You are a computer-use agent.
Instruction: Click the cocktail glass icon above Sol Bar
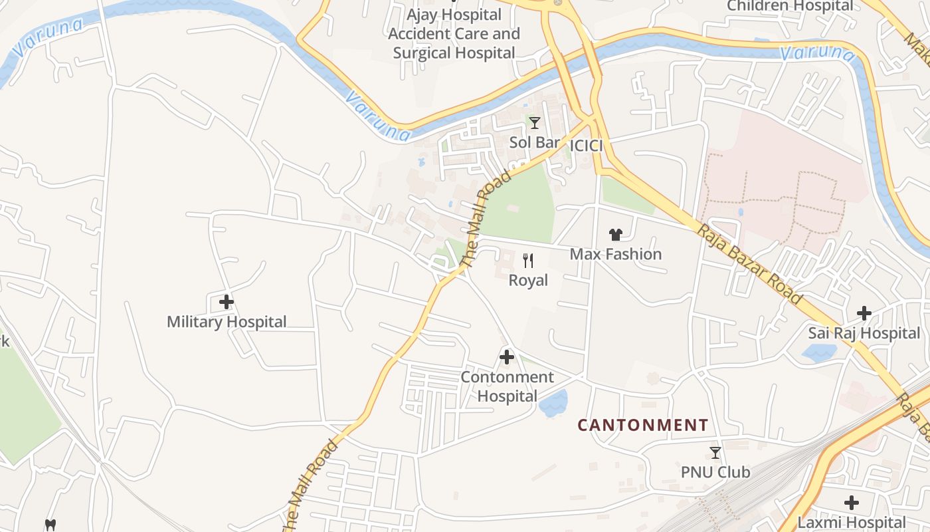pyautogui.click(x=534, y=123)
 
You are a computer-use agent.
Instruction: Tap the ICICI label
pyautogui.click(x=585, y=145)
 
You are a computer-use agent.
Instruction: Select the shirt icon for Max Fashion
pyautogui.click(x=616, y=234)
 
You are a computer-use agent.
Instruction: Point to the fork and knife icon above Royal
pyautogui.click(x=528, y=260)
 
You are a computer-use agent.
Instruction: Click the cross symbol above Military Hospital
pyautogui.click(x=227, y=302)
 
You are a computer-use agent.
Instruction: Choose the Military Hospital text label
pyautogui.click(x=227, y=322)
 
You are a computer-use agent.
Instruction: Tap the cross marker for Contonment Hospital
pyautogui.click(x=507, y=357)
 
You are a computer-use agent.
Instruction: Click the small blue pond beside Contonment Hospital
pyautogui.click(x=553, y=403)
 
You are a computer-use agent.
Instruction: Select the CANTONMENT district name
pyautogui.click(x=642, y=425)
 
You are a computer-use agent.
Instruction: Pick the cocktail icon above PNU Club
pyautogui.click(x=715, y=453)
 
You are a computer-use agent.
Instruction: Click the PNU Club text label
pyautogui.click(x=715, y=472)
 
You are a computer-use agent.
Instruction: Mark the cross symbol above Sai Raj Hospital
pyautogui.click(x=864, y=313)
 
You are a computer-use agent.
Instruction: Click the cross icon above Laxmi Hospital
pyautogui.click(x=851, y=503)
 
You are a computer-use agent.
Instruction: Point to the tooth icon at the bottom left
pyautogui.click(x=50, y=525)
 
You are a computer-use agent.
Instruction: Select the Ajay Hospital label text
pyautogui.click(x=454, y=15)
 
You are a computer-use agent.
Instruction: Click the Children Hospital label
pyautogui.click(x=790, y=6)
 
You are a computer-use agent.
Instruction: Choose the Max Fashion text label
pyautogui.click(x=616, y=254)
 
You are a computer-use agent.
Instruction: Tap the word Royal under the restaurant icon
pyautogui.click(x=528, y=280)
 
